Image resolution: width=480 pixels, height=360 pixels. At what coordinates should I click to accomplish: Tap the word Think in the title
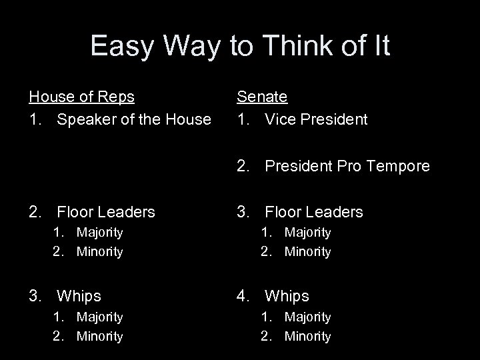click(x=295, y=47)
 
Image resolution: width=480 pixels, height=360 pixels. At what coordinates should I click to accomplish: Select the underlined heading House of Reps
click(x=81, y=97)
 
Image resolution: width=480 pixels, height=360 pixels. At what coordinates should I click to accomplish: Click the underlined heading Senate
click(x=263, y=97)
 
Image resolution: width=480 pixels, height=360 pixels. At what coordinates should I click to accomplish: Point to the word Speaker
click(x=85, y=119)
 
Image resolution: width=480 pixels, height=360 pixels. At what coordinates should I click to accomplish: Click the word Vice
click(x=281, y=119)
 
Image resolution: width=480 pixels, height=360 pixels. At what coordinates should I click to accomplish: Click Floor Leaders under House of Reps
click(x=106, y=212)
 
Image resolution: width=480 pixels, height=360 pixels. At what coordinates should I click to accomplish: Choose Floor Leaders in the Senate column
click(x=314, y=212)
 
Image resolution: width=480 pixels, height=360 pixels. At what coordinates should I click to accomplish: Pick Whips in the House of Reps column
click(x=79, y=295)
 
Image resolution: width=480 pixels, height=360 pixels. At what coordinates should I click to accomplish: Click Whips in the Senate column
click(x=287, y=295)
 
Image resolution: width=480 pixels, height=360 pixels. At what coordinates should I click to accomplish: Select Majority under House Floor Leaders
click(x=99, y=232)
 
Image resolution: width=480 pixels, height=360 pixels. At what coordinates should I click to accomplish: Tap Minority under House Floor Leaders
click(x=99, y=251)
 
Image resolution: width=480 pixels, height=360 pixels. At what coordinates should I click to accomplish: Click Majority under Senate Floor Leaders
click(x=307, y=232)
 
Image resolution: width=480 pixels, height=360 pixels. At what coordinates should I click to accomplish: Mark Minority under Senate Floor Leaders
click(x=307, y=251)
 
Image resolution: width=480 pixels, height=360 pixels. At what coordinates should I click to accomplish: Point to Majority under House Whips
click(x=99, y=317)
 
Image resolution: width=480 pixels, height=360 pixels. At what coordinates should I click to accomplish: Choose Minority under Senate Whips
click(x=307, y=337)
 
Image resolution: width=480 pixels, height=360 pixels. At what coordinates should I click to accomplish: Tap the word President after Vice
click(x=335, y=119)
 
